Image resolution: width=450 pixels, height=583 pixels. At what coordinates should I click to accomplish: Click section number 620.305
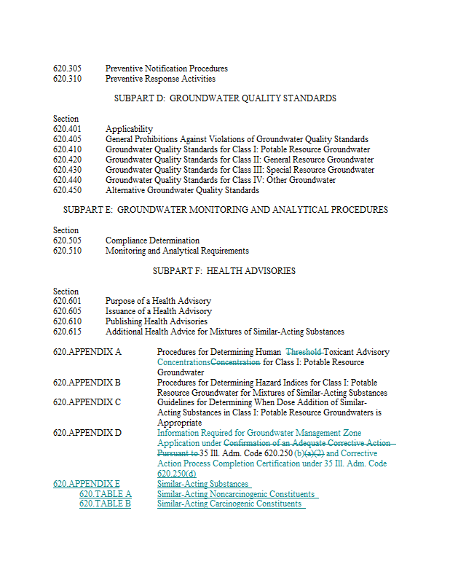[67, 69]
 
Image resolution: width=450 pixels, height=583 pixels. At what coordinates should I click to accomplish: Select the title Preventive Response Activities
[160, 79]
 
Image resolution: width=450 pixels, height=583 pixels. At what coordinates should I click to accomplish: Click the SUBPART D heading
[225, 98]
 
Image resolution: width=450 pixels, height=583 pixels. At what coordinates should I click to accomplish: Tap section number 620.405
[67, 139]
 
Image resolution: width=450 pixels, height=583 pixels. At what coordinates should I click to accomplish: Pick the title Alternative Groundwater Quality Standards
[182, 190]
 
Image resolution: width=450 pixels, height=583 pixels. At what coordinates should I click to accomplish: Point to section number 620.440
[67, 180]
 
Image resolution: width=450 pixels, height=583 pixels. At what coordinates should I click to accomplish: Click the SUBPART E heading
[225, 210]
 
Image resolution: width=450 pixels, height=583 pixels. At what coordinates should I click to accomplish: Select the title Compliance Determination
[152, 240]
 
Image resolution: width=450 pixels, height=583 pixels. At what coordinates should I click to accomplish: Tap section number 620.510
[67, 251]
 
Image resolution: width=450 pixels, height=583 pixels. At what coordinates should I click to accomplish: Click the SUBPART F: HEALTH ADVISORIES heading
[224, 271]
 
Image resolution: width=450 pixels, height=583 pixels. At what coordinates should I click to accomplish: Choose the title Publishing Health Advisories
[157, 321]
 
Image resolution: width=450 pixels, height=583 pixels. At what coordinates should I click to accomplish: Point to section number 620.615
[67, 332]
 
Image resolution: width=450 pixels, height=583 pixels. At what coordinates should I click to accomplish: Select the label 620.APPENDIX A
[87, 352]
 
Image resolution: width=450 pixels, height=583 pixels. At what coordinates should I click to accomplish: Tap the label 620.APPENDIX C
[87, 402]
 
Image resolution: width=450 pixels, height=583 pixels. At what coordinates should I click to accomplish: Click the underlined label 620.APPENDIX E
[87, 484]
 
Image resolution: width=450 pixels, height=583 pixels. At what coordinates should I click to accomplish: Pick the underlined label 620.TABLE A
[105, 494]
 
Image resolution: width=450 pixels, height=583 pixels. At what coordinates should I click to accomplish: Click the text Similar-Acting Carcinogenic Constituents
[229, 504]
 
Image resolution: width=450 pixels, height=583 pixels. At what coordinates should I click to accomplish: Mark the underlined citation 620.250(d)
[177, 474]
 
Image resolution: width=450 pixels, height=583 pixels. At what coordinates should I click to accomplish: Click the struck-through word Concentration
[235, 362]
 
